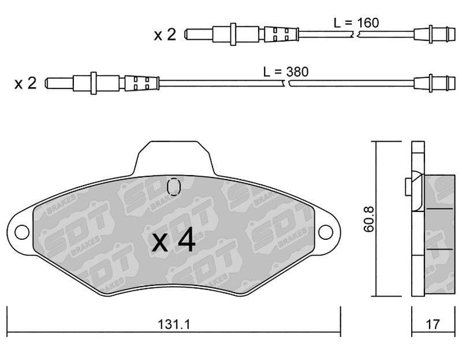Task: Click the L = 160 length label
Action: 356,23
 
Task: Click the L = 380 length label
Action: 286,72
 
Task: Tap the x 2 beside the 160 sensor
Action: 165,35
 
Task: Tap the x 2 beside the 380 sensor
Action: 25,83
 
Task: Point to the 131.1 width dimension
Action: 174,325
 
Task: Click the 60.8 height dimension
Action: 368,219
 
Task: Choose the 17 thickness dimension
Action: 433,325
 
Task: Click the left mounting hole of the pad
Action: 22,232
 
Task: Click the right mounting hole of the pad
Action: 326,232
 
